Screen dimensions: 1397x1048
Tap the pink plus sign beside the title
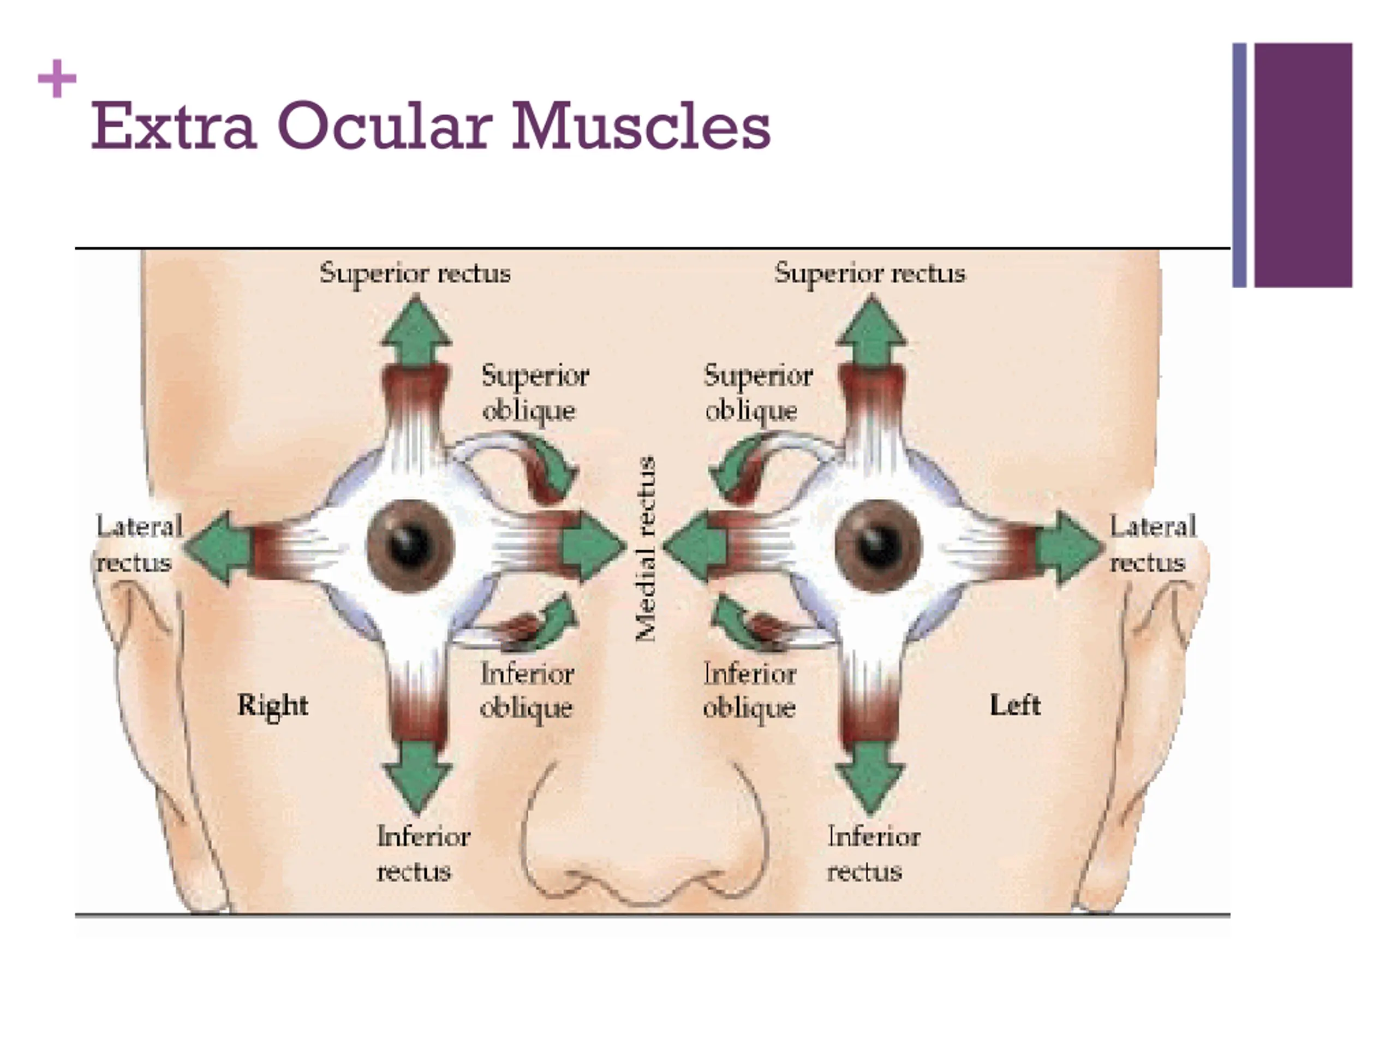57,79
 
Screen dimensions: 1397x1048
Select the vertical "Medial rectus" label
646,549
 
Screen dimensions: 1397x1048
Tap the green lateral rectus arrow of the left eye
1068,547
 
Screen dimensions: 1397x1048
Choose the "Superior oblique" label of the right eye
534,393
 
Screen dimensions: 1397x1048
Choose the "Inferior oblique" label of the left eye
750,690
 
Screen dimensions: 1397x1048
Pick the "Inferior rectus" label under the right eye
422,854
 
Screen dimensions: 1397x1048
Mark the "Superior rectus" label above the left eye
870,273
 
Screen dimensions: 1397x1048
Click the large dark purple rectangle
1303,165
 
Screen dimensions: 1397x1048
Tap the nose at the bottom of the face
644,840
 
